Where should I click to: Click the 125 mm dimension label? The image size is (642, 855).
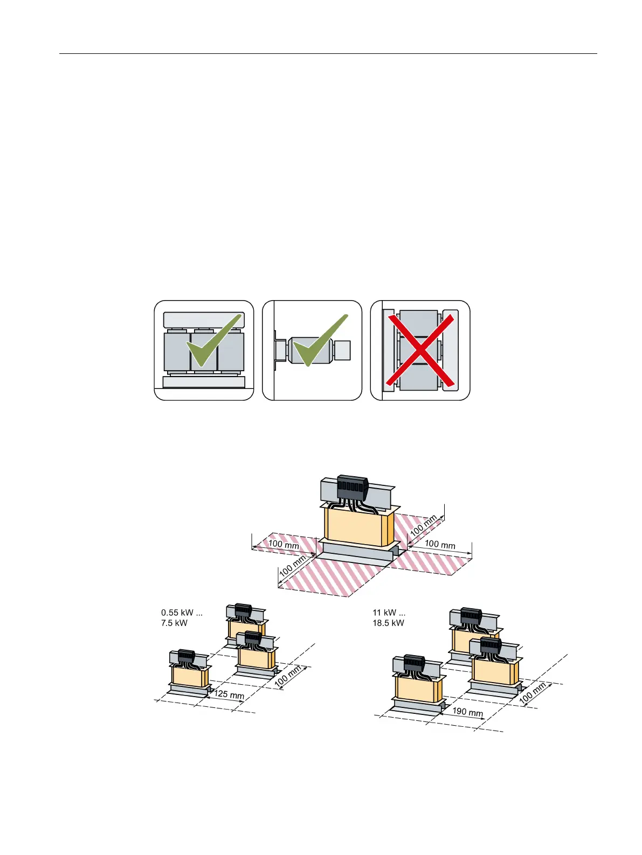click(x=229, y=694)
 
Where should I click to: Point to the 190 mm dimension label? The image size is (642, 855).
click(x=467, y=712)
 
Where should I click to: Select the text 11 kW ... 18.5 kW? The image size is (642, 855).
click(x=389, y=618)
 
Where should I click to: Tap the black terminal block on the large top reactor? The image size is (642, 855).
click(x=351, y=489)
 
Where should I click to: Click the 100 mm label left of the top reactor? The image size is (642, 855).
click(x=284, y=545)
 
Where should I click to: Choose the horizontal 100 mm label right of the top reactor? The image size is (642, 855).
click(x=440, y=544)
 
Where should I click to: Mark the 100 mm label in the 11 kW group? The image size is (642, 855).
click(x=533, y=692)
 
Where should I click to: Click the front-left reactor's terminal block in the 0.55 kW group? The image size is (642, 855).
click(x=186, y=656)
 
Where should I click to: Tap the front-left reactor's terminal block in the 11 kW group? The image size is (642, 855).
click(x=414, y=662)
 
